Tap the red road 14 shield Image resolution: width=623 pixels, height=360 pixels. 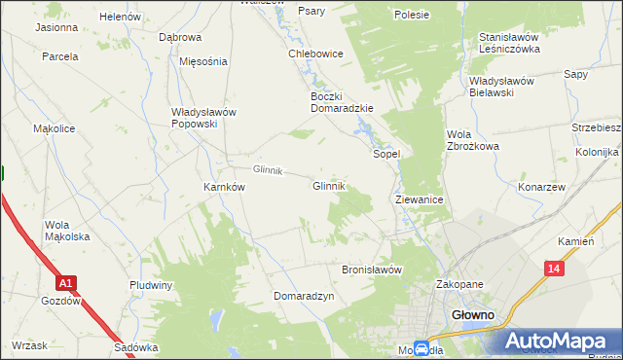(554, 269)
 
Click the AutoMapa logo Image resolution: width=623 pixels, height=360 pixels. (559, 341)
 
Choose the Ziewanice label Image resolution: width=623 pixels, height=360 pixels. (420, 198)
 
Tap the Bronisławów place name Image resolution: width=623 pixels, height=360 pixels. (371, 270)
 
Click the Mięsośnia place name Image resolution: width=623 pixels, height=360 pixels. (203, 60)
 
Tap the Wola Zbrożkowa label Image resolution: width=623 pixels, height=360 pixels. (472, 140)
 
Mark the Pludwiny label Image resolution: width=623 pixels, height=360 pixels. (151, 285)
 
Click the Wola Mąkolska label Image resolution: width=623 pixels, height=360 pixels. (67, 231)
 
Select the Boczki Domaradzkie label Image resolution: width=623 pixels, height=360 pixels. (341, 102)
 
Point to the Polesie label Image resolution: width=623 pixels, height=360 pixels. (412, 16)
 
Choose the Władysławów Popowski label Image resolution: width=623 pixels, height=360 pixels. (203, 118)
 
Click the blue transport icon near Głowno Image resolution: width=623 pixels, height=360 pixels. (421, 348)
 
